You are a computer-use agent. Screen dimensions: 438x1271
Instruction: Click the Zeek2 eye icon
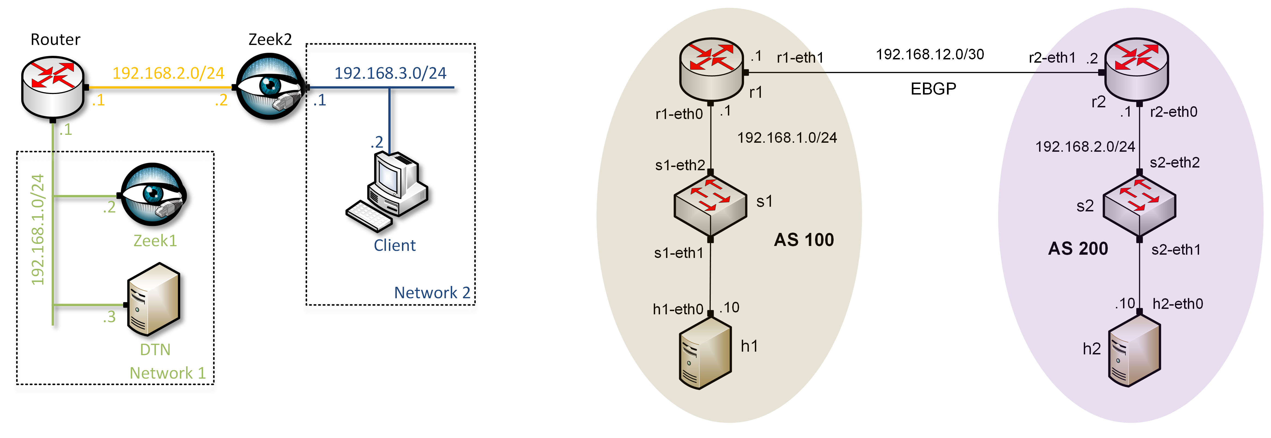pos(270,86)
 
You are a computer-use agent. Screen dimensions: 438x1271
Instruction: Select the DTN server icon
pos(153,299)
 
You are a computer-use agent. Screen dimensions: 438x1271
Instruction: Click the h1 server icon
pos(704,353)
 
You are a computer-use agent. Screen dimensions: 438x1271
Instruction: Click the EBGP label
pos(933,89)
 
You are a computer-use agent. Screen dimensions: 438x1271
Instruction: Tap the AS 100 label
pos(804,240)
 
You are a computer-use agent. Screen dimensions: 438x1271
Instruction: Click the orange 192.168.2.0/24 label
pos(168,73)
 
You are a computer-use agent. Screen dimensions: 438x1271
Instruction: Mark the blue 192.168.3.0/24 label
pos(390,73)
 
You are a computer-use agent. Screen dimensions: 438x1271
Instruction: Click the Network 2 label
pos(432,293)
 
